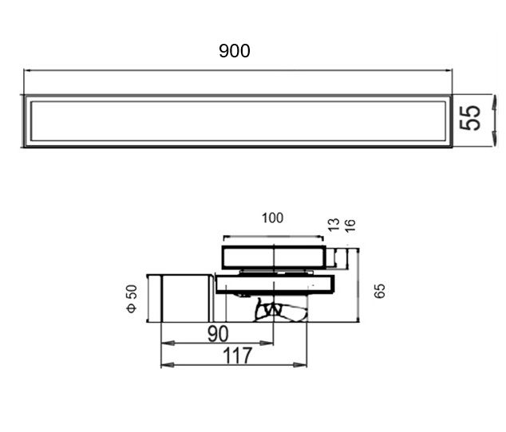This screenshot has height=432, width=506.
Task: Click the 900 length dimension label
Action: (235, 51)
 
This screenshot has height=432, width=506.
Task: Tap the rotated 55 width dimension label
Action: (470, 118)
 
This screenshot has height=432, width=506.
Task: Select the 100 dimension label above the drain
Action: (273, 218)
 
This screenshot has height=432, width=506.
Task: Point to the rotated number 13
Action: (334, 225)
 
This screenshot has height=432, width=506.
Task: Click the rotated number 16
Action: (350, 226)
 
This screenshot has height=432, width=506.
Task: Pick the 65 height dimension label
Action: (380, 291)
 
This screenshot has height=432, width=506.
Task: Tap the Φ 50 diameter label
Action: (132, 299)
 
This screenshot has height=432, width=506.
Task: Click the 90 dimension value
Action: (218, 334)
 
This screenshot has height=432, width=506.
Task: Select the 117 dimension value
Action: (237, 355)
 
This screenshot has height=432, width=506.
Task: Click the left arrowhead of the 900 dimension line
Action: (28, 70)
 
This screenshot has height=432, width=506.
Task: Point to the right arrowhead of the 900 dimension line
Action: (449, 70)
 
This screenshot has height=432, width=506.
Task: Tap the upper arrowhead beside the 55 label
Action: (494, 102)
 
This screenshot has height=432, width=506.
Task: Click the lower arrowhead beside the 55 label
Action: (494, 138)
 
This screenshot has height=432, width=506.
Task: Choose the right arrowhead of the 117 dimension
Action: (300, 365)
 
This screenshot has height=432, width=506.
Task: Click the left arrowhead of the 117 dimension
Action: (168, 365)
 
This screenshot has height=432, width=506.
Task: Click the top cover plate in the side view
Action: (274, 257)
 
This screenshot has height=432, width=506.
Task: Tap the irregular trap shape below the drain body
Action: (281, 310)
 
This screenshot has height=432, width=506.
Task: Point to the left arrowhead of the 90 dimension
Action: (168, 343)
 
